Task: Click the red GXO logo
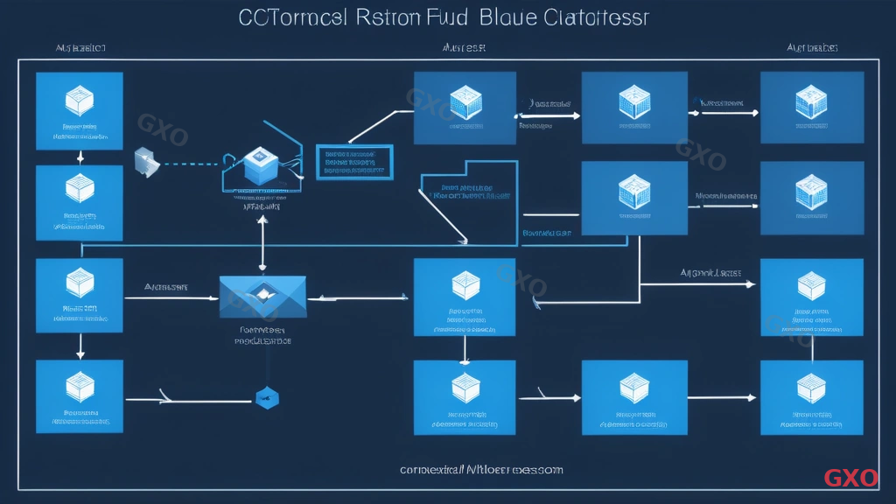pos(850,478)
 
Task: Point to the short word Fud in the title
pos(445,19)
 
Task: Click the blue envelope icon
pos(262,297)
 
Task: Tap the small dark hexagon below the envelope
pos(266,398)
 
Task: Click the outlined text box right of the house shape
pos(353,161)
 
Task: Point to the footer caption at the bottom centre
pos(481,470)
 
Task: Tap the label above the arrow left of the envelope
pos(166,286)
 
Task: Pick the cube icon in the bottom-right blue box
pos(811,386)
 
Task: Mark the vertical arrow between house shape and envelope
pos(262,245)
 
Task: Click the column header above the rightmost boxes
pos(812,48)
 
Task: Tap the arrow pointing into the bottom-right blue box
pos(735,395)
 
